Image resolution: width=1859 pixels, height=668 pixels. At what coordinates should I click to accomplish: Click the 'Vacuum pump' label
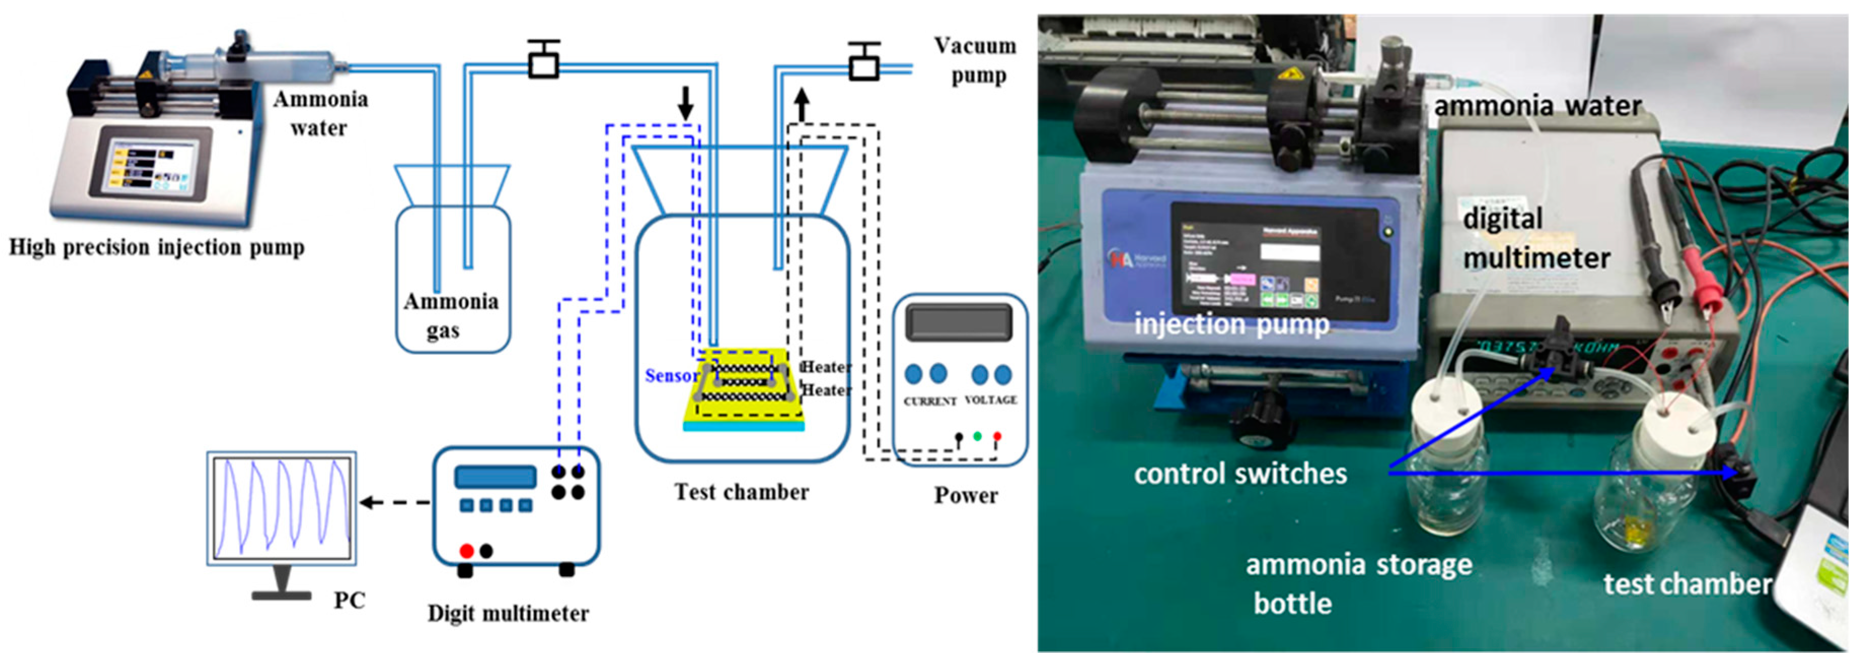(x=976, y=61)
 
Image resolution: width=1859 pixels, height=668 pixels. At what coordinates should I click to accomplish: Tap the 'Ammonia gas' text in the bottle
(x=450, y=316)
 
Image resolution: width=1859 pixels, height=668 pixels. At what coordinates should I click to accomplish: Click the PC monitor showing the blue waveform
(x=281, y=508)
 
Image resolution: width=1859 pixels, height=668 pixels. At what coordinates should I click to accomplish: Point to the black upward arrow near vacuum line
(x=802, y=105)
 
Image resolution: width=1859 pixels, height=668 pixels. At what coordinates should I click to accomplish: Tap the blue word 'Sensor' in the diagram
(x=671, y=376)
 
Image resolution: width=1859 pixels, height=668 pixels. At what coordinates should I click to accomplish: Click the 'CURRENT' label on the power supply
(x=929, y=401)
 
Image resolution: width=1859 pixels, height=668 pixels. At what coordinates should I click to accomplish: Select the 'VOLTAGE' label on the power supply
(x=991, y=399)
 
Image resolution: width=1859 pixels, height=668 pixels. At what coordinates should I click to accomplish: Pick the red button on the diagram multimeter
(x=466, y=551)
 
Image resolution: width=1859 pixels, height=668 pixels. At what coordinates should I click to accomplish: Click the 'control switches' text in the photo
(x=1240, y=474)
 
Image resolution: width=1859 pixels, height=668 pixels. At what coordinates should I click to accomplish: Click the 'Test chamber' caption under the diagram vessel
(x=741, y=493)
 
